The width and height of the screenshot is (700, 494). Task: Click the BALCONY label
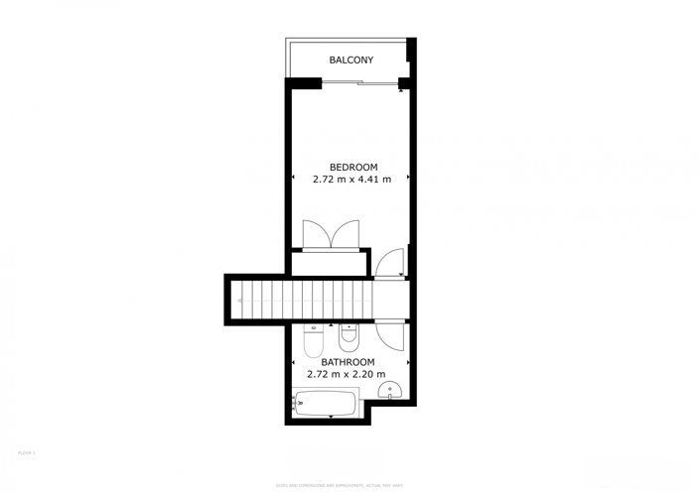[x=351, y=61]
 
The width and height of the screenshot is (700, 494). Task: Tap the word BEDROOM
[x=353, y=167]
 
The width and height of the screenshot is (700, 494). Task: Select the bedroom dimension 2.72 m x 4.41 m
[x=351, y=180]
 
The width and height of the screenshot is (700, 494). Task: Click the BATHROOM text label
[x=348, y=362]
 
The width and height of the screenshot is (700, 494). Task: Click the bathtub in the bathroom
[x=326, y=403]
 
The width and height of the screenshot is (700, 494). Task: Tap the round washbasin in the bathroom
[x=390, y=390]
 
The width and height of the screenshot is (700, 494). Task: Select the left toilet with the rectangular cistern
[x=314, y=339]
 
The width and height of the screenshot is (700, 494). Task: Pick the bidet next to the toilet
[x=349, y=337]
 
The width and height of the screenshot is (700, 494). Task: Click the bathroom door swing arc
[x=393, y=335]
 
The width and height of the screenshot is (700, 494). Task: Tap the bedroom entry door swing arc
[x=390, y=262]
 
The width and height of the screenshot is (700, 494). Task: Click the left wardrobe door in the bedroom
[x=317, y=234]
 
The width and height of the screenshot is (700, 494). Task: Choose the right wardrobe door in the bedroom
[x=346, y=234]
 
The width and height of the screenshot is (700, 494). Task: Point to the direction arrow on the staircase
[x=240, y=300]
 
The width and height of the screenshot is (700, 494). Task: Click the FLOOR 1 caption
[x=27, y=452]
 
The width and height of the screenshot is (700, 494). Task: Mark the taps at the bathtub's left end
[x=298, y=403]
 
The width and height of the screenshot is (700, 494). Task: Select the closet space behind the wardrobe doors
[x=331, y=263]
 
